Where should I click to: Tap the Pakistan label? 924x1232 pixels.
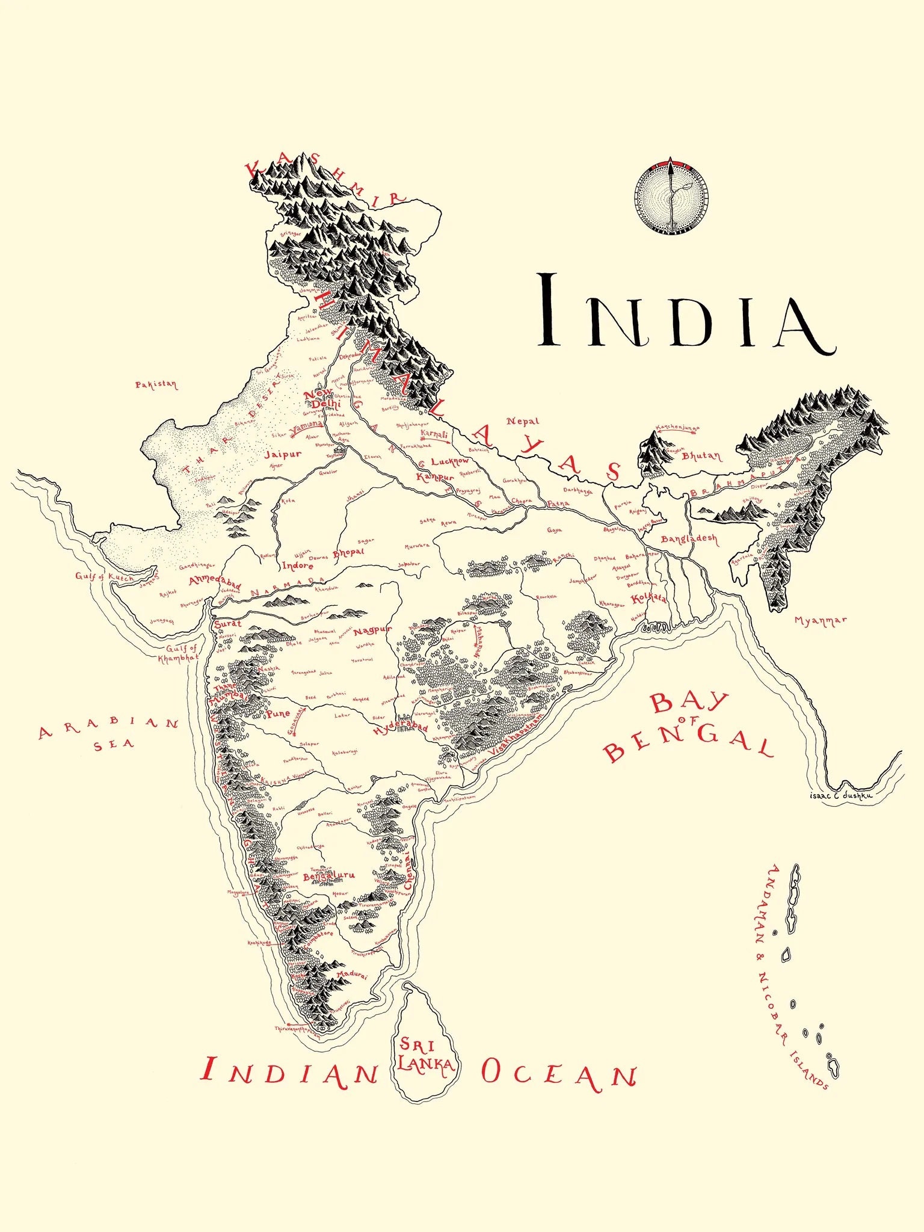[156, 384]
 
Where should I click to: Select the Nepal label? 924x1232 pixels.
[522, 421]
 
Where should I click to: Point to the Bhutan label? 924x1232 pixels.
[701, 456]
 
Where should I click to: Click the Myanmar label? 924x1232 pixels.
[820, 620]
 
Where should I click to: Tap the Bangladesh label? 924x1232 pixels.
[689, 538]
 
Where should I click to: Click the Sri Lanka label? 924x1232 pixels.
[425, 1056]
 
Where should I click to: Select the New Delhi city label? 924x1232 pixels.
[320, 398]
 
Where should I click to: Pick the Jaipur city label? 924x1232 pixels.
[283, 454]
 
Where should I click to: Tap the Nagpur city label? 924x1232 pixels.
[372, 630]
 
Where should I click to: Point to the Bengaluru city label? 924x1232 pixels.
[328, 876]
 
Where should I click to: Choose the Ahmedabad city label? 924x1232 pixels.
[215, 582]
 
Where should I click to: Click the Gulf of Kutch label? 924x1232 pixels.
[105, 576]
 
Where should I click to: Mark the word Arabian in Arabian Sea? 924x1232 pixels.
[108, 727]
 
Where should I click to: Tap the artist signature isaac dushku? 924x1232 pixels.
[841, 795]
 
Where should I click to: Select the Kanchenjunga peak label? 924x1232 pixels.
[677, 428]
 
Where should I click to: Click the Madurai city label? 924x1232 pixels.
[351, 975]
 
